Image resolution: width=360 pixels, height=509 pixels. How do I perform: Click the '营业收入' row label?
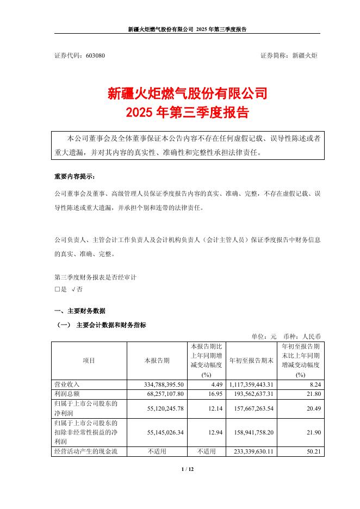66,384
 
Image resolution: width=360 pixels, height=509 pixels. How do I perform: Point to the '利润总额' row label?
66,393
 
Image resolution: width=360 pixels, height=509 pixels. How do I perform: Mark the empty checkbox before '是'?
57,289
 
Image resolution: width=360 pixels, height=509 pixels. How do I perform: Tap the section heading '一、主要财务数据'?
80,311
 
